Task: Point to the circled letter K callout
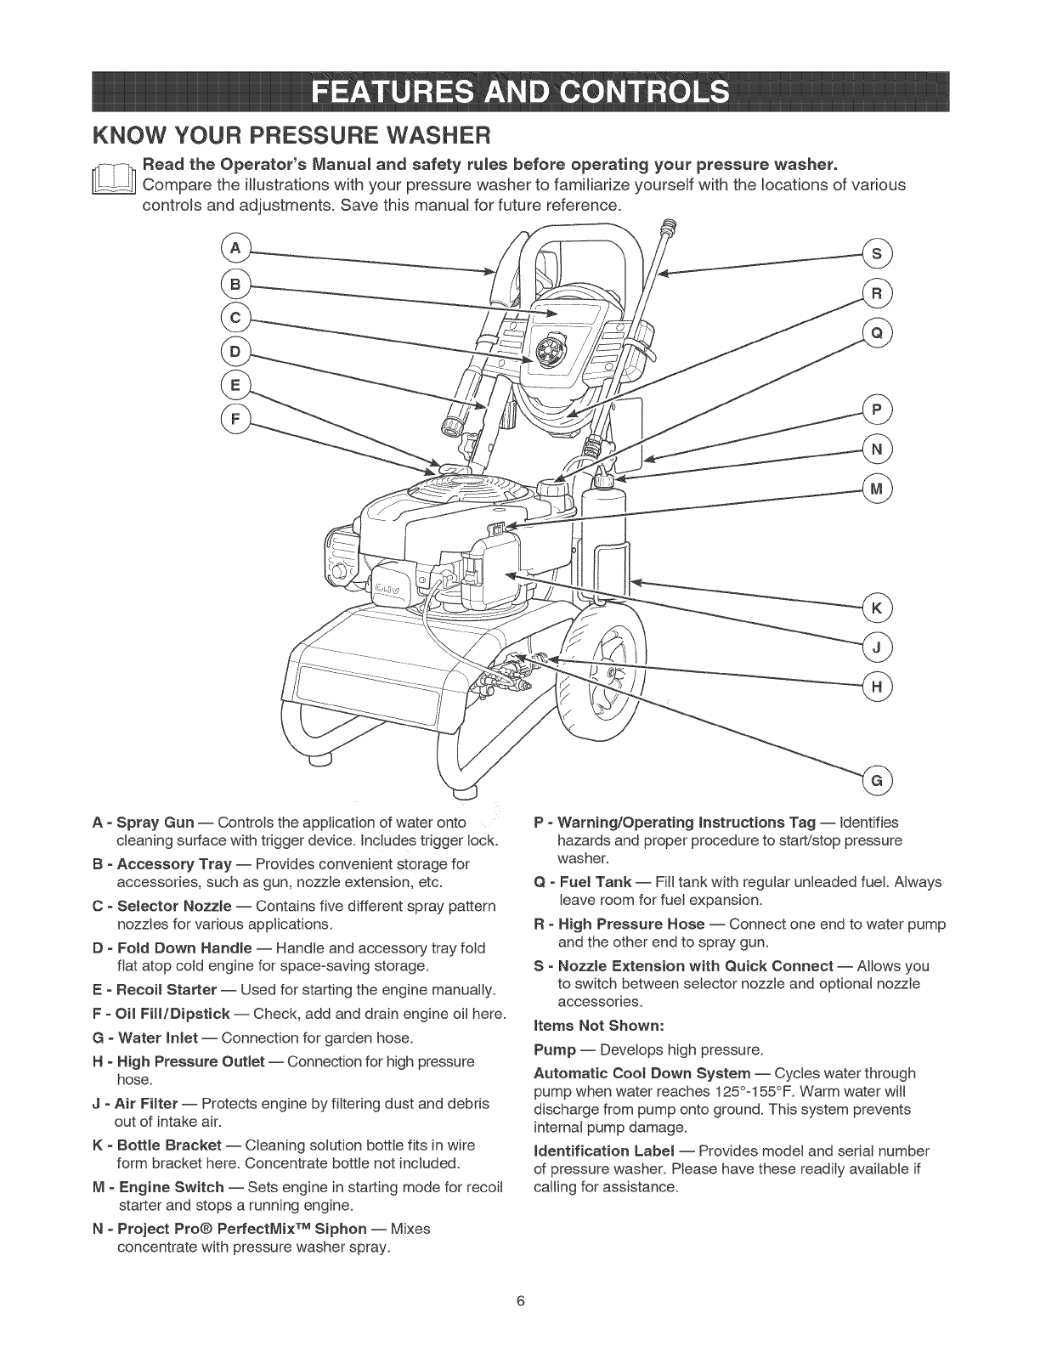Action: pos(875,608)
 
